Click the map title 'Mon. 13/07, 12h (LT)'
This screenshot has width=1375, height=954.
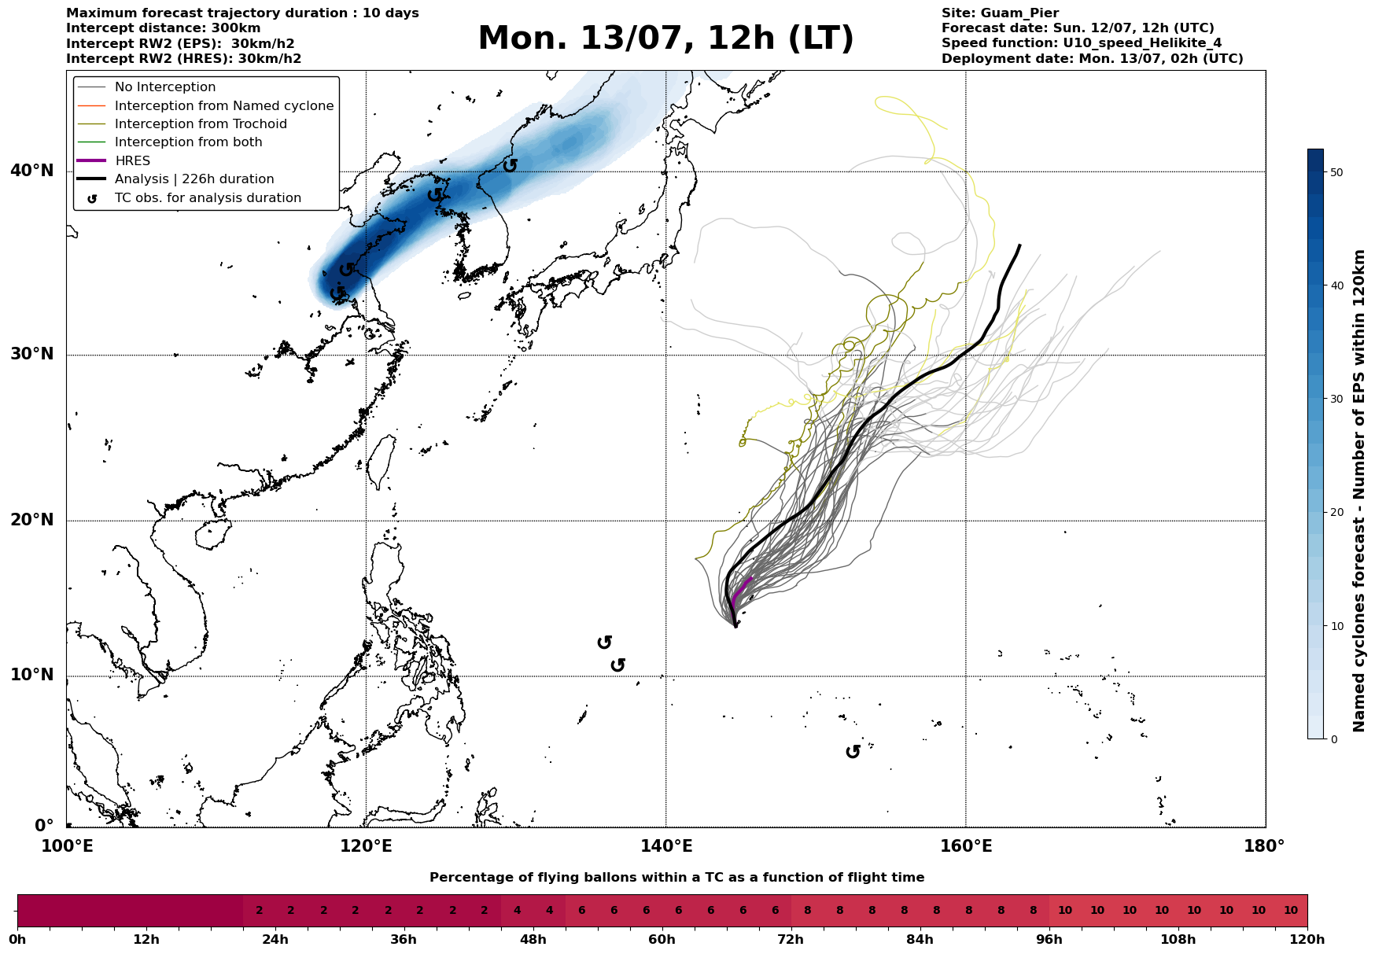pyautogui.click(x=665, y=39)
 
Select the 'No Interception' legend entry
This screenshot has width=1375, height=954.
pyautogui.click(x=165, y=87)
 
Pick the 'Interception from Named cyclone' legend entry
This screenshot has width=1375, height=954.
pyautogui.click(x=224, y=105)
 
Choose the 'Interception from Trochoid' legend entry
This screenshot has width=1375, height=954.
pyautogui.click(x=201, y=123)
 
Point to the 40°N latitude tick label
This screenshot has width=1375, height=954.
pyautogui.click(x=32, y=171)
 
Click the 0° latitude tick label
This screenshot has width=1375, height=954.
pyautogui.click(x=45, y=826)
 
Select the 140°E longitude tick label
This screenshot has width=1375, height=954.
pyautogui.click(x=665, y=846)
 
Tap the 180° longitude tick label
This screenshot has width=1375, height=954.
pyautogui.click(x=1264, y=846)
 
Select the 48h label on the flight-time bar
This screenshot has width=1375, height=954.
pyautogui.click(x=533, y=939)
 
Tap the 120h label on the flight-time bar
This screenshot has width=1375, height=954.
pyautogui.click(x=1307, y=939)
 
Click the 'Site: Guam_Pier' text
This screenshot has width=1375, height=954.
pyautogui.click(x=1000, y=13)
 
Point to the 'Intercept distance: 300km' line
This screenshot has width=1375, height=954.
pyautogui.click(x=163, y=28)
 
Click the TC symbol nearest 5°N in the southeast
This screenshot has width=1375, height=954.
pyautogui.click(x=853, y=752)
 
